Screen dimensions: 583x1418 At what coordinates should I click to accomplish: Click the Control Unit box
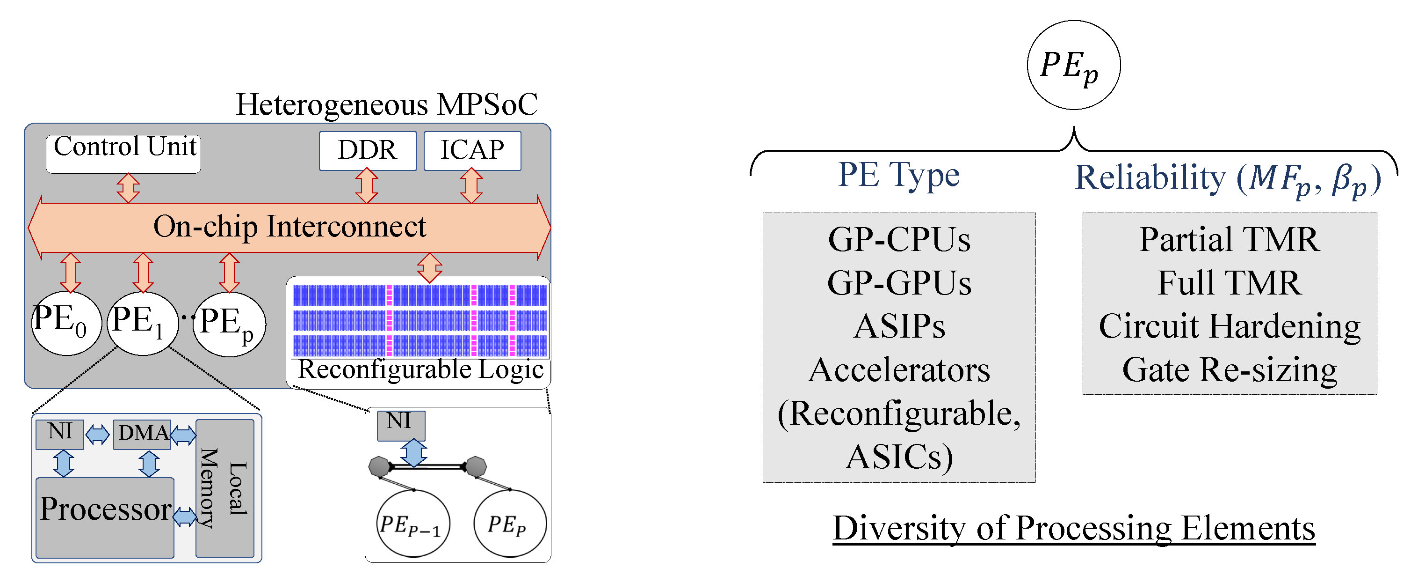tap(123, 154)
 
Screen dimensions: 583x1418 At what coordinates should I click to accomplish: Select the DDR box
tap(367, 150)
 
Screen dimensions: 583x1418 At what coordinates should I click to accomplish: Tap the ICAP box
tap(472, 150)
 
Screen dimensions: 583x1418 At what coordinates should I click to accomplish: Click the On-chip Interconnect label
tap(289, 227)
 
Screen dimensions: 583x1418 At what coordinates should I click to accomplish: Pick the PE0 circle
tap(66, 323)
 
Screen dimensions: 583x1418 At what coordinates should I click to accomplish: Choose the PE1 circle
tap(143, 323)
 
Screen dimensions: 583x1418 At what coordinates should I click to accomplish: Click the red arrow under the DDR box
tap(367, 186)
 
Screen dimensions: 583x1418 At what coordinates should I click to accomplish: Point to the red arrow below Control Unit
tap(128, 188)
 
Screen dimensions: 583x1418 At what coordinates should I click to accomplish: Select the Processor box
tap(105, 517)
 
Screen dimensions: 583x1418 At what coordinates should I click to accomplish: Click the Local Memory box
tap(224, 487)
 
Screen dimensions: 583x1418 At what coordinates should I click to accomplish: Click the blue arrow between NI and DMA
tap(98, 435)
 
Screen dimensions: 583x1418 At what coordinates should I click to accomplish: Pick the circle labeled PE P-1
tap(413, 524)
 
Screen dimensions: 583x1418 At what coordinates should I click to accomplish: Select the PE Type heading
tap(898, 175)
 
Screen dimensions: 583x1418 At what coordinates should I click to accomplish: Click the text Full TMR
tap(1229, 283)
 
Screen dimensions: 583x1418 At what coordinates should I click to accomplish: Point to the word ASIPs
tap(899, 326)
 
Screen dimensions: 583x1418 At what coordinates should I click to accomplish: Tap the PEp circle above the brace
tap(1073, 65)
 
